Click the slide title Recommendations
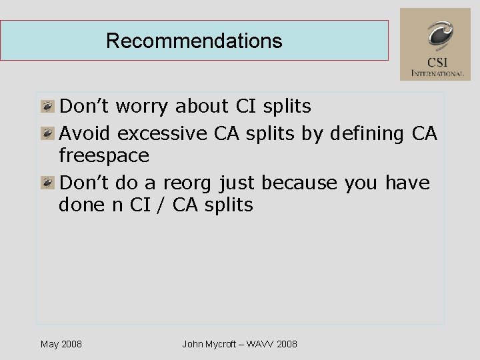tap(194, 41)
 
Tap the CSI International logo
tap(435, 44)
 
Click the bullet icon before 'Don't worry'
tap(47, 106)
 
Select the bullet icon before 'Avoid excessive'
tap(47, 133)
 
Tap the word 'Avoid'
tap(86, 133)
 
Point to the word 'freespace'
tap(104, 156)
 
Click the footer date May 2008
tap(61, 344)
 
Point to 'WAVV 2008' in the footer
tap(271, 344)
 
